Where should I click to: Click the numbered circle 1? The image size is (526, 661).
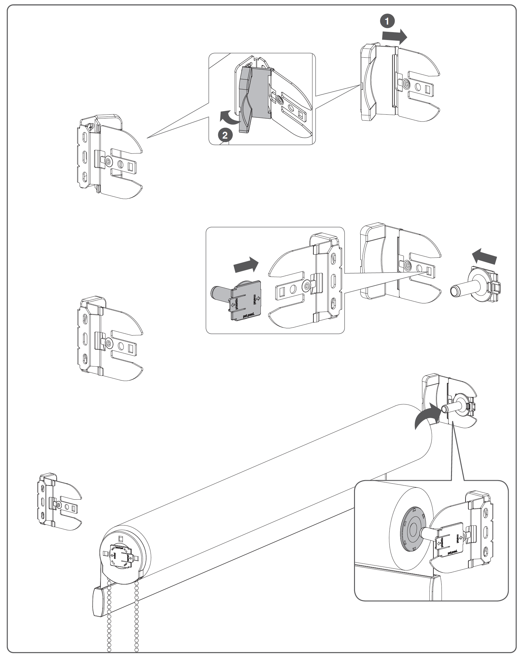pos(387,21)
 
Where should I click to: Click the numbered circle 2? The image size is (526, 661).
pos(225,135)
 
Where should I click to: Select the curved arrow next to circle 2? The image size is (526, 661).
pos(229,117)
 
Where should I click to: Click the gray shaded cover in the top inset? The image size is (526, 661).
pos(255,95)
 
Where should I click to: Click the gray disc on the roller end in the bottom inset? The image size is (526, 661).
pos(411,534)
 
